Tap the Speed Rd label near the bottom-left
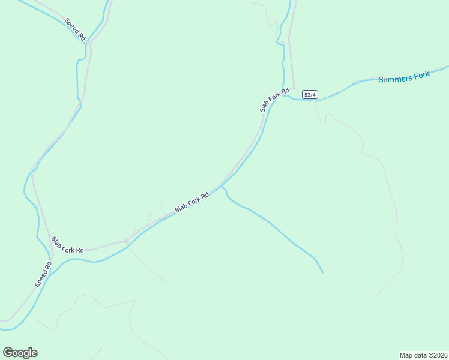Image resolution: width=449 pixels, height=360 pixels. (44, 274)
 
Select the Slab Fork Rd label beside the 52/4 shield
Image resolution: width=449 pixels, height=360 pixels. (274, 100)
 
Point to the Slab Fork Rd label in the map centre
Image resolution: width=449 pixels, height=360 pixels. (191, 202)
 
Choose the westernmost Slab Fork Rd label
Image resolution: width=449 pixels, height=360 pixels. (67, 244)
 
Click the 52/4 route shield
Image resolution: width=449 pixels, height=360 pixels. (309, 95)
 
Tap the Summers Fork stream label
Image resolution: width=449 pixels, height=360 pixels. (404, 77)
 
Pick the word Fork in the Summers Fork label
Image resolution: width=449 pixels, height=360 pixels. (422, 75)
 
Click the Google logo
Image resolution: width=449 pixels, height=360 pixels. (20, 353)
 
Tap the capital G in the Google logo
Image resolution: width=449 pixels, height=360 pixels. (7, 352)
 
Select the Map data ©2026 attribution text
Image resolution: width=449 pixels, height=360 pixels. (423, 355)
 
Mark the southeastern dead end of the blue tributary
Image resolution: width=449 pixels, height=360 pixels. (322, 272)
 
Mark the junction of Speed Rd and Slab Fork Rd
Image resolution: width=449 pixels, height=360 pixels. (52, 257)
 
